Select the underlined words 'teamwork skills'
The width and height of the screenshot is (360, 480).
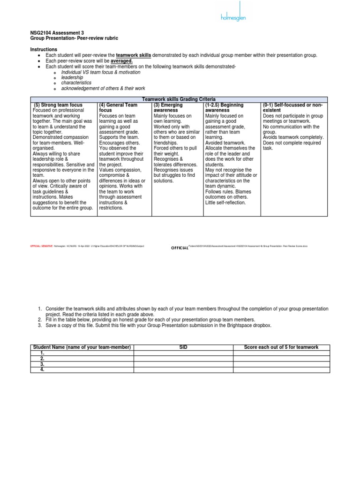click(134, 55)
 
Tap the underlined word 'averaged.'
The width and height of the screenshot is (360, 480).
click(121, 61)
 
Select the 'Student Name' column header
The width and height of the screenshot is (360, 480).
click(82, 347)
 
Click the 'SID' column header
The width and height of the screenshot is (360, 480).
click(183, 347)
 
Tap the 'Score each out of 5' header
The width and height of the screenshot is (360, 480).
click(281, 347)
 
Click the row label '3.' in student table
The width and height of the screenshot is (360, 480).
click(42, 364)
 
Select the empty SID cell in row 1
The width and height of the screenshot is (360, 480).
click(183, 353)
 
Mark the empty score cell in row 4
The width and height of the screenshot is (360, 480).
click(281, 370)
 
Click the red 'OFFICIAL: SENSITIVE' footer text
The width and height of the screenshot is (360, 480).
click(41, 246)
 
